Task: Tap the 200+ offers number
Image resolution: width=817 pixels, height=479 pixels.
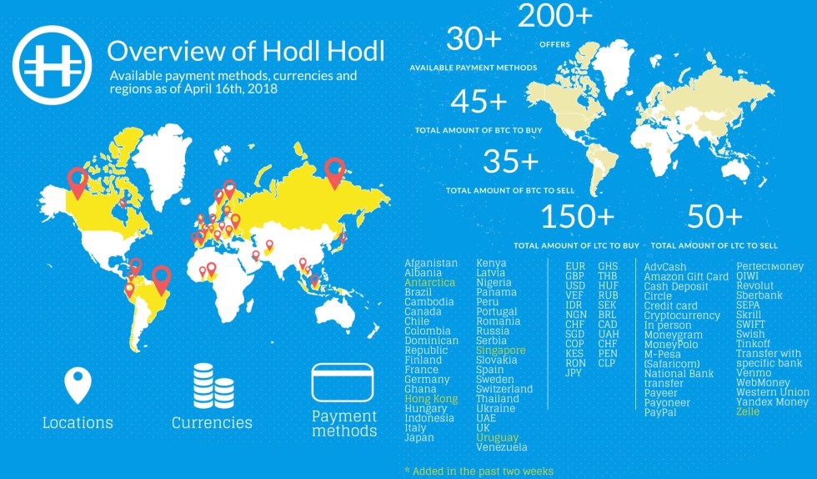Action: pyautogui.click(x=555, y=17)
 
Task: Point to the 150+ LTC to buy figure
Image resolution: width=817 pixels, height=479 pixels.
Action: pyautogui.click(x=578, y=217)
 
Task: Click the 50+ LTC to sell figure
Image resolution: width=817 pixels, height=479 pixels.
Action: pyautogui.click(x=714, y=217)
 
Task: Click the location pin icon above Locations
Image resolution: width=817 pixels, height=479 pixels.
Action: pyautogui.click(x=78, y=386)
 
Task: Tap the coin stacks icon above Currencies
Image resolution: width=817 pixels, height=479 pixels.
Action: pyautogui.click(x=212, y=385)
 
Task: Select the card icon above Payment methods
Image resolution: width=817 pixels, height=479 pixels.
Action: pyautogui.click(x=344, y=382)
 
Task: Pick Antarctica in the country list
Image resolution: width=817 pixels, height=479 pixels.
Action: pyautogui.click(x=429, y=283)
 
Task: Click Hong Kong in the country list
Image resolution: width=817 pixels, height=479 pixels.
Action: pyautogui.click(x=431, y=399)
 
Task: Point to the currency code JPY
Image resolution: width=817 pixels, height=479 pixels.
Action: pyautogui.click(x=574, y=373)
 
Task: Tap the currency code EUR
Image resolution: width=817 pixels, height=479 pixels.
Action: pyautogui.click(x=575, y=267)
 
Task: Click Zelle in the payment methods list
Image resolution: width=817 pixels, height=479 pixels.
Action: pyautogui.click(x=748, y=412)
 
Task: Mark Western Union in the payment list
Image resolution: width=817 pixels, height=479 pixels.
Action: pyautogui.click(x=772, y=392)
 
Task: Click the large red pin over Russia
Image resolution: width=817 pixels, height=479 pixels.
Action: pyautogui.click(x=335, y=171)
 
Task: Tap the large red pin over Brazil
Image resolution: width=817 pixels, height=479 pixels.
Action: pyautogui.click(x=162, y=279)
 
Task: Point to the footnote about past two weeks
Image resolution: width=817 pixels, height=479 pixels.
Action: pyautogui.click(x=479, y=471)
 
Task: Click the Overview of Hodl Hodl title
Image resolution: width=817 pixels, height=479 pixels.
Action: pyautogui.click(x=246, y=51)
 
